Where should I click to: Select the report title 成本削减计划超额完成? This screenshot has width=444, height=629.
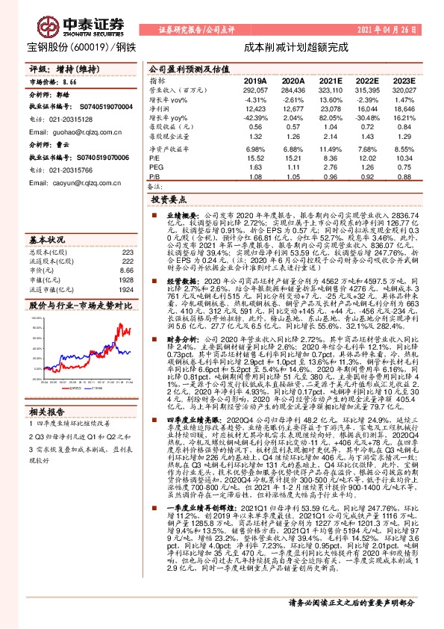click(296, 46)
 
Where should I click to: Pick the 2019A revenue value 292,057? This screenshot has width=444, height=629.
click(255, 89)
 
